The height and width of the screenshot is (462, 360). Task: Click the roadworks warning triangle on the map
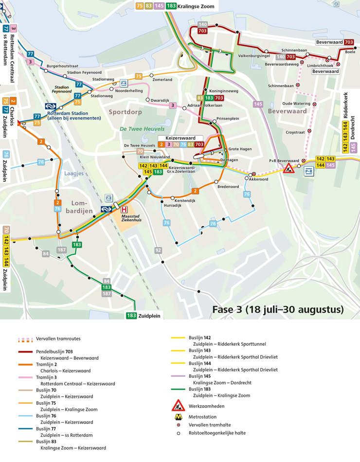[288, 169]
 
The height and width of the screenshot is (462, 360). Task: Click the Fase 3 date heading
[278, 309]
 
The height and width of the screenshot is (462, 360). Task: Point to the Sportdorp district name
[125, 111]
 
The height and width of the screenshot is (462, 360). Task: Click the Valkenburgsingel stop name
[253, 56]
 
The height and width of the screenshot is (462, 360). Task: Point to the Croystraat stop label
[295, 132]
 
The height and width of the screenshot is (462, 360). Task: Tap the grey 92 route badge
[158, 250]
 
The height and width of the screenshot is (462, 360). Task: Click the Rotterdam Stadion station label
[73, 115]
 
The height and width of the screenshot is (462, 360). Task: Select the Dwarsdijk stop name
[160, 100]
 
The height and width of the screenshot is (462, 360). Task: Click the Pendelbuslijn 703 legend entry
[67, 355]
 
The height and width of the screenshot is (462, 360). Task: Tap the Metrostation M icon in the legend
[179, 417]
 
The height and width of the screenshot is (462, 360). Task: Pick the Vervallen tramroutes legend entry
[58, 338]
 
